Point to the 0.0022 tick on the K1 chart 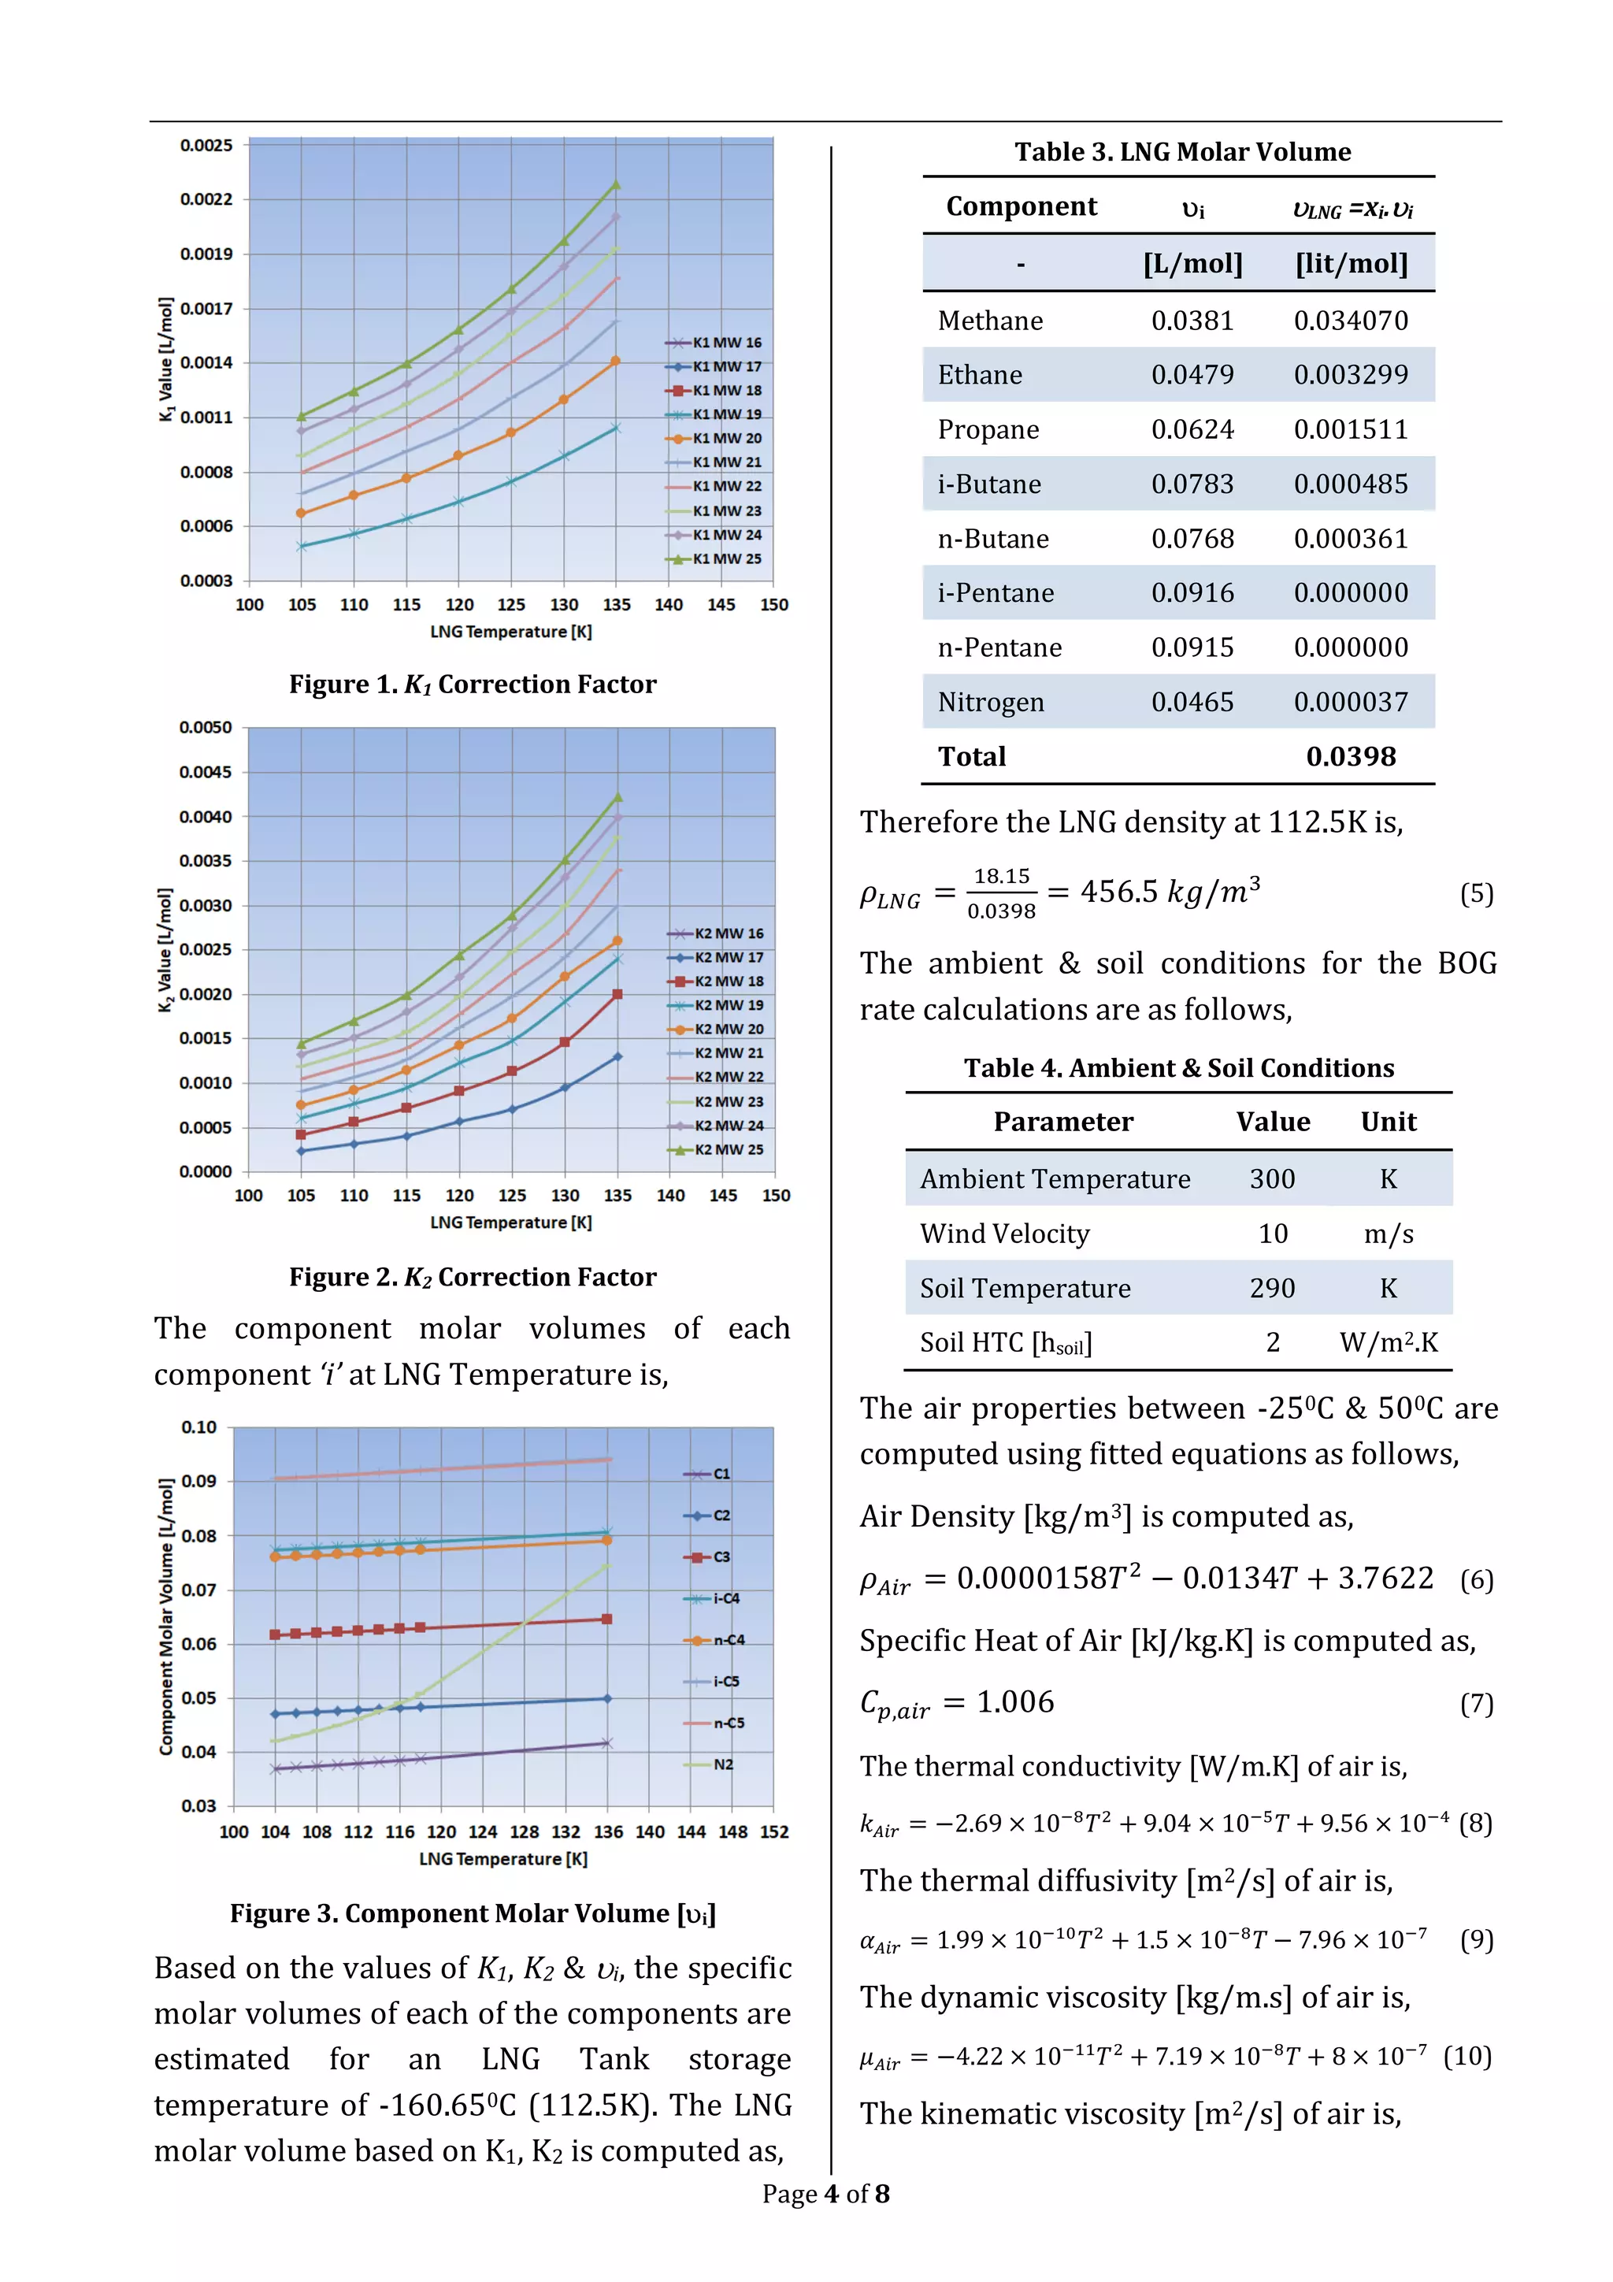(206, 199)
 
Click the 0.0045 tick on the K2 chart (205, 772)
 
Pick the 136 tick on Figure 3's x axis (608, 1831)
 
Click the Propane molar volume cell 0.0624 (1192, 429)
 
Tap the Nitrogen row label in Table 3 (990, 702)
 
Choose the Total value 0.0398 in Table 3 (1350, 756)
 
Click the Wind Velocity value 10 (1272, 1234)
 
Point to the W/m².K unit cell (1388, 1343)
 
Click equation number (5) (1476, 893)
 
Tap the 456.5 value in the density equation (1119, 892)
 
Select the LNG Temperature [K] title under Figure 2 (511, 1223)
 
